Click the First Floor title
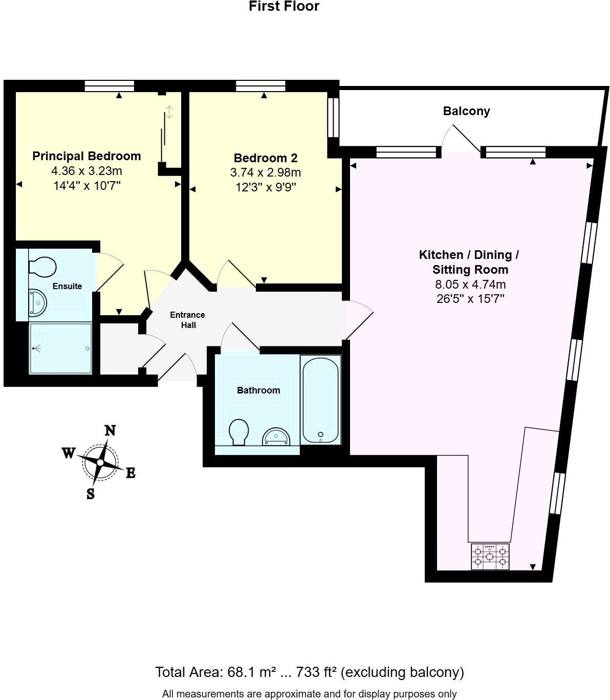284,7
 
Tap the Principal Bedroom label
86,156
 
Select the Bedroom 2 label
265,158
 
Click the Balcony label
466,111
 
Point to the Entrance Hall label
187,320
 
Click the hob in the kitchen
490,556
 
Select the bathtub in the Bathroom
320,400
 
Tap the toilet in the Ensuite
41,267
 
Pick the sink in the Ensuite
37,302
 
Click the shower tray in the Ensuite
60,348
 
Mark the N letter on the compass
110,430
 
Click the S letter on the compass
91,494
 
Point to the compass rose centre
100,463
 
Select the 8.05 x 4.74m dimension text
470,285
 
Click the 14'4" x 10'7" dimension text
86,185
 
